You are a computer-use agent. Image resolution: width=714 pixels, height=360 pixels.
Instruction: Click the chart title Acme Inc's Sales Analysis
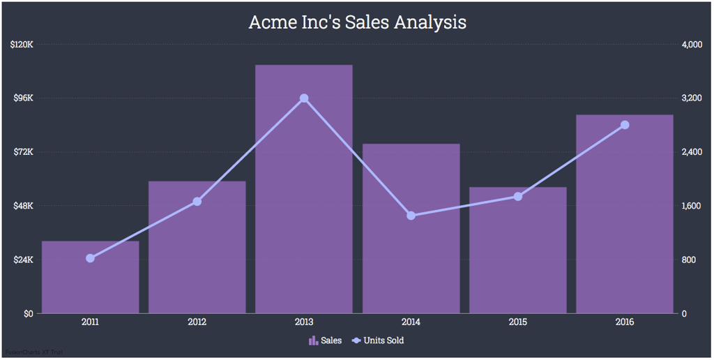[x=357, y=22]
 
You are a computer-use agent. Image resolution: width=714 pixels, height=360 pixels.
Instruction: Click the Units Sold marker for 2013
[x=304, y=98]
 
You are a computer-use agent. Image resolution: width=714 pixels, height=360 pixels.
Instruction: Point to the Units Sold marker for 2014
[x=411, y=216]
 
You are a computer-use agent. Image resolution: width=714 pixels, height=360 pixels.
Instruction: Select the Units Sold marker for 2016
[x=625, y=125]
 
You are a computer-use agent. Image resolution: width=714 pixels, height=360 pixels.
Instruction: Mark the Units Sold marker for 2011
[x=90, y=259]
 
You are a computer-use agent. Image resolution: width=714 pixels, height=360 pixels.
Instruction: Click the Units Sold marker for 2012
[x=197, y=202]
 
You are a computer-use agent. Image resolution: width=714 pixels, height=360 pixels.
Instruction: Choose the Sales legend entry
[x=326, y=340]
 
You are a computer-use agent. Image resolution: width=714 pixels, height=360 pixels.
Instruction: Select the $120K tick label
[x=22, y=45]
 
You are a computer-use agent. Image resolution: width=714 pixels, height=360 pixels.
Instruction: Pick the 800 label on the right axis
[x=690, y=260]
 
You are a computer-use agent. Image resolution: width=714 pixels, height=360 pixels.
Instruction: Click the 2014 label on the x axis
[x=411, y=322]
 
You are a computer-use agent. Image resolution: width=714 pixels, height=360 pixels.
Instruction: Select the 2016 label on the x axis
[x=625, y=322]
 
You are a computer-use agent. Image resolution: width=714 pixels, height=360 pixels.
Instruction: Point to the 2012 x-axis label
[x=197, y=322]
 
